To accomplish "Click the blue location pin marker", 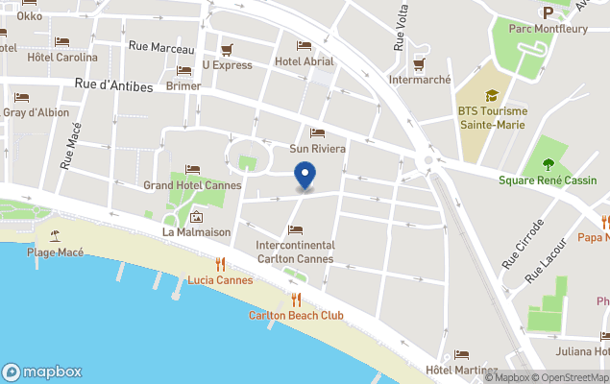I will click(x=305, y=177).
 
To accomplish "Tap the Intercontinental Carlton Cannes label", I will click(x=295, y=252).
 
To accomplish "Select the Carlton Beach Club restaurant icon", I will click(x=296, y=300).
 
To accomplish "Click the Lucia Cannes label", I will click(x=220, y=280).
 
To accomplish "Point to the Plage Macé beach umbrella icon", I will click(x=55, y=236).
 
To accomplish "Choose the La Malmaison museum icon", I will click(x=196, y=217).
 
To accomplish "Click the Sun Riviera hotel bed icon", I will click(x=317, y=133).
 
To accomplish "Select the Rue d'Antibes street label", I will click(x=114, y=86).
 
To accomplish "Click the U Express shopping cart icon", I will click(x=228, y=49).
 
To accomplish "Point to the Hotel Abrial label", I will click(x=304, y=61).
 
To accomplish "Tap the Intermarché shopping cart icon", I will click(x=419, y=63).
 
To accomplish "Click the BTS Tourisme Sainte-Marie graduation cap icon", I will click(x=492, y=95).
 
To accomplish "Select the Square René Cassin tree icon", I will click(x=549, y=164).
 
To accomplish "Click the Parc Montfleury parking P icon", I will click(x=548, y=12).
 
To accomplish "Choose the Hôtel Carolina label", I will click(x=62, y=57).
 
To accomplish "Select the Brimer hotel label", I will click(x=183, y=85).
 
